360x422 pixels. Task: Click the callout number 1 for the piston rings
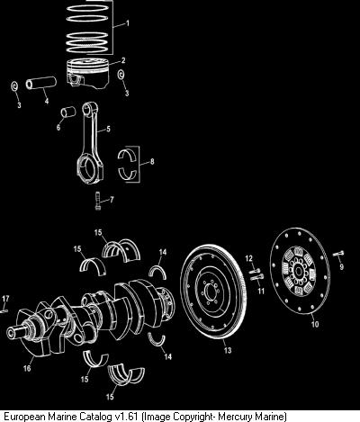pyautogui.click(x=128, y=23)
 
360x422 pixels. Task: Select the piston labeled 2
pyautogui.click(x=87, y=74)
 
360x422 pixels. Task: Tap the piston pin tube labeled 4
pyautogui.click(x=41, y=83)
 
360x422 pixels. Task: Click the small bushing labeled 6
pyautogui.click(x=67, y=112)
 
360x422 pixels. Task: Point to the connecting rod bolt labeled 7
pyautogui.click(x=97, y=202)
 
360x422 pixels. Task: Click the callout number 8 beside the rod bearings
pyautogui.click(x=152, y=162)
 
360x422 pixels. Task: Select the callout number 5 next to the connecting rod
pyautogui.click(x=108, y=129)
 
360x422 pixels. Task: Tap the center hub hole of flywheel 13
pyautogui.click(x=210, y=291)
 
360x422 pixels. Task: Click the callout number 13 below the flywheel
pyautogui.click(x=228, y=350)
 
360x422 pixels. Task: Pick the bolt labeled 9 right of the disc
pyautogui.click(x=338, y=255)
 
